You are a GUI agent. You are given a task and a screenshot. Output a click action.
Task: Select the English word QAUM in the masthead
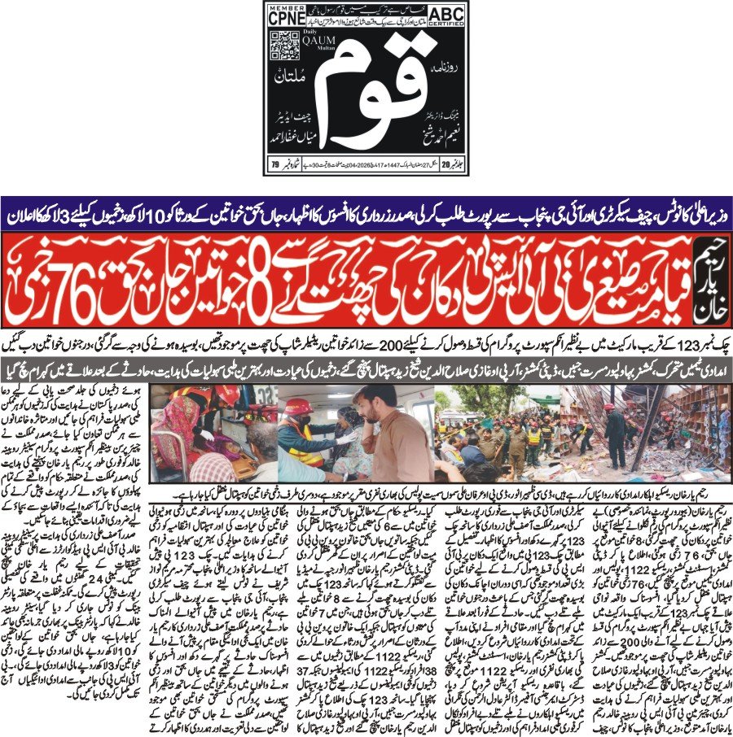click(x=314, y=46)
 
